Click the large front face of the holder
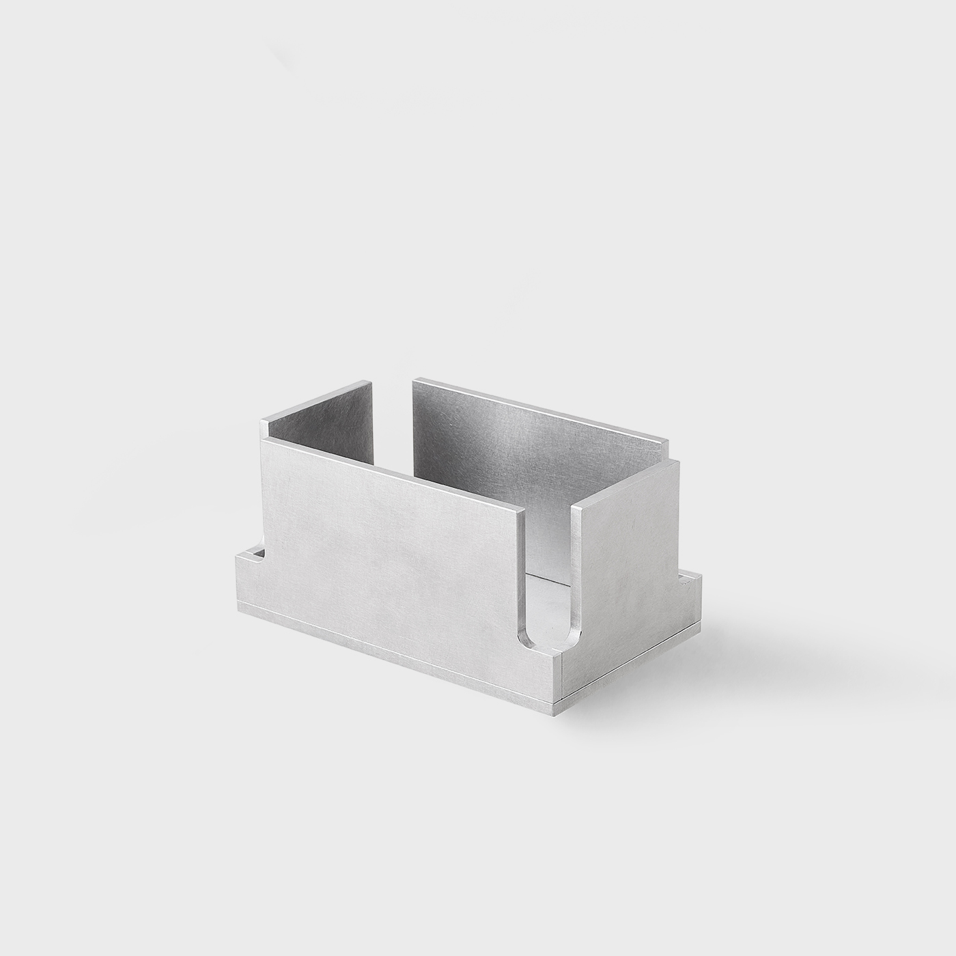(389, 539)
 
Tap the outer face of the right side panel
(628, 546)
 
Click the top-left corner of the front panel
(263, 440)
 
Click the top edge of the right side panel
(628, 481)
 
